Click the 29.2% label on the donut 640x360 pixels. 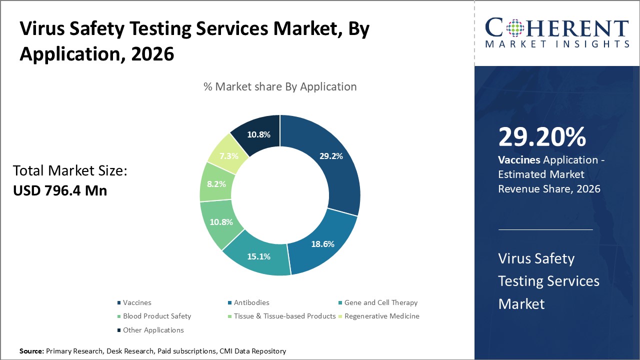tap(331, 156)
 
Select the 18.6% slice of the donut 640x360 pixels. tap(322, 244)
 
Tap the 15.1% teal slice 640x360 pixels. tap(259, 256)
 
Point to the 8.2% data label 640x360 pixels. tap(217, 183)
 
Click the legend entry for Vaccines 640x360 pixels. tap(136, 302)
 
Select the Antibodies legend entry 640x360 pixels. tap(251, 302)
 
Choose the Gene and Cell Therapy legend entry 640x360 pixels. tap(380, 302)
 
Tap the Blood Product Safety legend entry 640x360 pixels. tap(156, 316)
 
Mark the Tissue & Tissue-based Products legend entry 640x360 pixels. tap(284, 316)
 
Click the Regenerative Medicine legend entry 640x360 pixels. tap(381, 316)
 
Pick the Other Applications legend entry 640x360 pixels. tap(153, 330)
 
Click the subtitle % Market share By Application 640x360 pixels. tap(280, 86)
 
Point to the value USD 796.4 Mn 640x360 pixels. tap(60, 190)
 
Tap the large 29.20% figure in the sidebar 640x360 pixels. tap(542, 137)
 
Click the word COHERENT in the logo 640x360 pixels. tap(557, 28)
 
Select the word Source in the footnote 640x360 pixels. tap(31, 351)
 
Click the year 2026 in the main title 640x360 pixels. tap(152, 53)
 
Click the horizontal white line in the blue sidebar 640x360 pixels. tap(545, 229)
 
